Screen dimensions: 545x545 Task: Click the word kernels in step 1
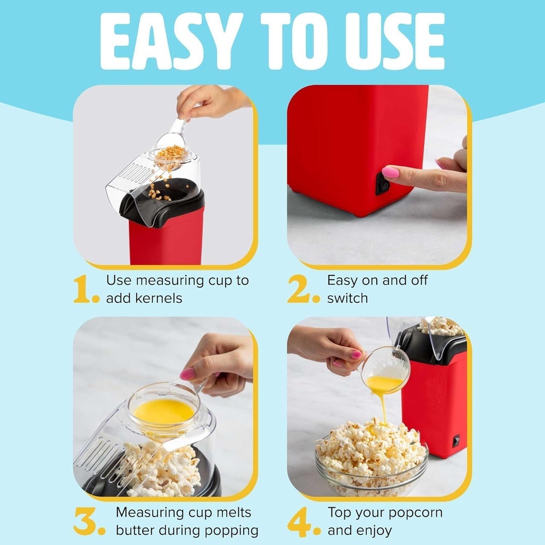point(144,298)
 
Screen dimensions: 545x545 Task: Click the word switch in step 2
point(347,298)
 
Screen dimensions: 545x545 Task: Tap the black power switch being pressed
point(382,184)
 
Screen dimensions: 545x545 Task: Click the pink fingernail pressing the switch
point(390,172)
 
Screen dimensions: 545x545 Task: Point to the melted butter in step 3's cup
point(164,411)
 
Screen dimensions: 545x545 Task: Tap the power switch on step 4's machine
point(456,441)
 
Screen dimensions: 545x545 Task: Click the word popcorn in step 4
point(411,513)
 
